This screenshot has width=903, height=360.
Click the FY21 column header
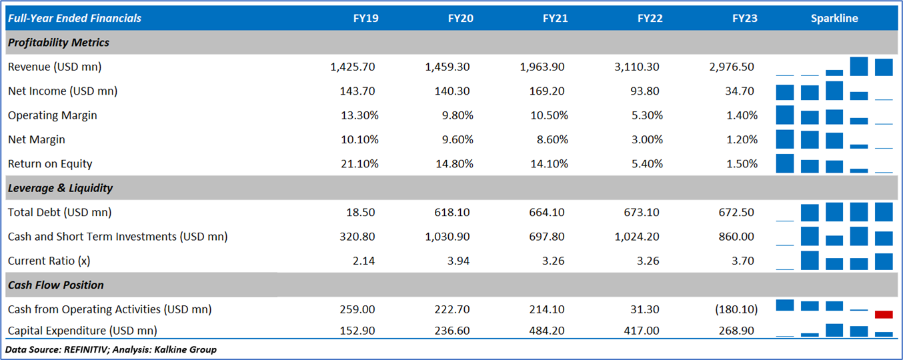tap(555, 19)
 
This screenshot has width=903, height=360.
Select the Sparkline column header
tap(834, 19)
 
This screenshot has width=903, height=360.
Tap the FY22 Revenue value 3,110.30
tap(638, 67)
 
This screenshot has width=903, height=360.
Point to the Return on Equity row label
tap(50, 164)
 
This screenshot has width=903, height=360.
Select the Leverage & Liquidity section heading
tap(61, 188)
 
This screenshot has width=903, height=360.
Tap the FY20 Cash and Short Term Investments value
tap(449, 237)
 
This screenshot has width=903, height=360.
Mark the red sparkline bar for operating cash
tap(884, 314)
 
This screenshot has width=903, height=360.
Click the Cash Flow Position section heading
tap(56, 285)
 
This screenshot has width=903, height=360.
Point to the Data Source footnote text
tap(111, 349)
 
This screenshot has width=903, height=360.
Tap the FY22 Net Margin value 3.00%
tap(646, 140)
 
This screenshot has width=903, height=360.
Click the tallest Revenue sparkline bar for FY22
tap(859, 66)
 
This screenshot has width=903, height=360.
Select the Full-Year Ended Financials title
tap(75, 19)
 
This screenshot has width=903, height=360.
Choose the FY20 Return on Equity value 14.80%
tap(456, 164)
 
